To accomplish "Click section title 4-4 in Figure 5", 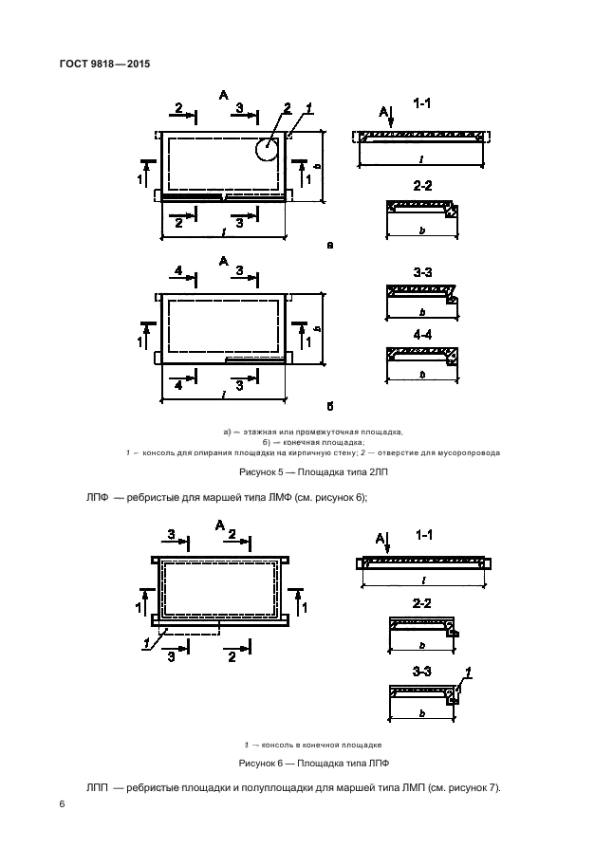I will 422,334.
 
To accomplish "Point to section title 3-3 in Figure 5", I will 422,273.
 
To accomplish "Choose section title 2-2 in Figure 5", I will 422,186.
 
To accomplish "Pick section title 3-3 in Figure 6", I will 422,672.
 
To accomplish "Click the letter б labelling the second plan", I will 329,407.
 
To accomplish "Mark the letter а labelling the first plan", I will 329,245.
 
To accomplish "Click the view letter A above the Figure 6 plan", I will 220,525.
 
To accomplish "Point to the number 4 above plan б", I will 178,271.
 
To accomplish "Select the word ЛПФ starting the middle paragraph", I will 99,497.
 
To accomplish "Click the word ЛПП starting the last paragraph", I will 99,788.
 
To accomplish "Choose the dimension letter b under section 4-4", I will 420,376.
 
